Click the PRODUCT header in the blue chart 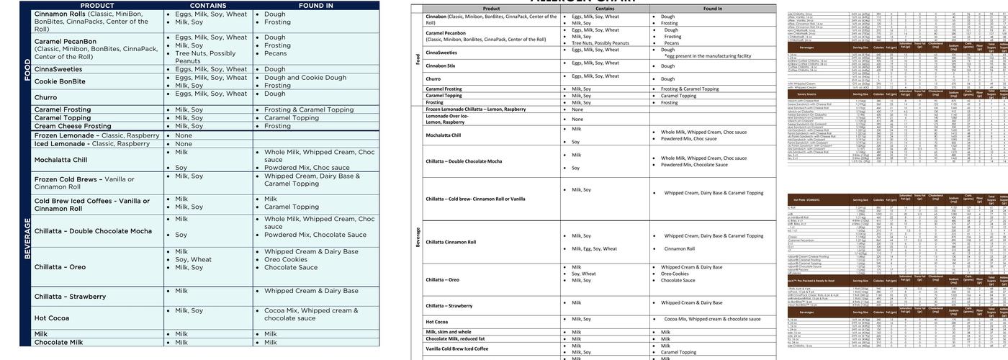[x=96, y=6]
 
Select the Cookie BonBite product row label [x=60, y=81]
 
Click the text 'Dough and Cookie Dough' [x=305, y=78]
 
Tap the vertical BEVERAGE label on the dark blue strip [x=27, y=238]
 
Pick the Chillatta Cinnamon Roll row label [x=451, y=242]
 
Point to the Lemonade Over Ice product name [x=446, y=119]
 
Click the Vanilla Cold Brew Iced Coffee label [x=456, y=348]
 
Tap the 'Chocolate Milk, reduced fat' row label [x=455, y=338]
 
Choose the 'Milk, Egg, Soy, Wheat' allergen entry [x=594, y=248]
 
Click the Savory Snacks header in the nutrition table [x=804, y=94]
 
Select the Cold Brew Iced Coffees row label [x=91, y=204]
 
